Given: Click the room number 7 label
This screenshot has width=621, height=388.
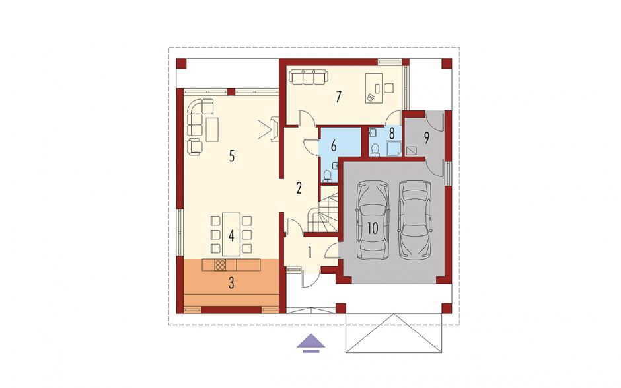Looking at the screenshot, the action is (x=338, y=97).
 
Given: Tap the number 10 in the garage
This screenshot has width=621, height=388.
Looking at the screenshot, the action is (x=373, y=228).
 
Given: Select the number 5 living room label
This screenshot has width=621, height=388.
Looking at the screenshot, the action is (x=232, y=156).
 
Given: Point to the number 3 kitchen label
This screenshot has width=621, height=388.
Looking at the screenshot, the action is (x=231, y=283).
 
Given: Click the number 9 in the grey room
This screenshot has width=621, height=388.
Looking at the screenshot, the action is (x=427, y=137).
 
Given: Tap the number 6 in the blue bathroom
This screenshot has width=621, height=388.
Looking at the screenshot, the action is (x=334, y=145).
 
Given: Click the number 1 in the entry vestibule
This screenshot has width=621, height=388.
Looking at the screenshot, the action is (x=310, y=252).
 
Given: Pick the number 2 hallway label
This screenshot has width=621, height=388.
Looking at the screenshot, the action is (x=299, y=188).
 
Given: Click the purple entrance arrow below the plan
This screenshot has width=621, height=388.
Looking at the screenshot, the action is (x=311, y=343).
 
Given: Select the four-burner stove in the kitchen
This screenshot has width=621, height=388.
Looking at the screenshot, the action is (x=220, y=265).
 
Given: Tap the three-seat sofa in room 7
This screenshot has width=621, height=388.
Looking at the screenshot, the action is (x=308, y=77).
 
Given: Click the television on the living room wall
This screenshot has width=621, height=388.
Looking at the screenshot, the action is (x=274, y=128).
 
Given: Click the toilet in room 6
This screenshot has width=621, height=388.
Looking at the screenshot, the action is (x=328, y=176).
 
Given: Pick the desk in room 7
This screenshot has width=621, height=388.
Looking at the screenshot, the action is (x=373, y=88).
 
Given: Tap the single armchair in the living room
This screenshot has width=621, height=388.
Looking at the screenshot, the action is (x=194, y=147).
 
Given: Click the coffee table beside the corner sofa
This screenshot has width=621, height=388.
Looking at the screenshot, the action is (x=212, y=129).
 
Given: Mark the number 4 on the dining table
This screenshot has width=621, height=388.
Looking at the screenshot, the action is (x=231, y=236).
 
